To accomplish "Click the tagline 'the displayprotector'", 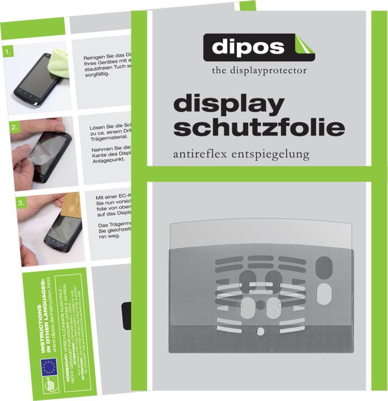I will point(259,71).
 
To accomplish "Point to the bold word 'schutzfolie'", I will point(259,128).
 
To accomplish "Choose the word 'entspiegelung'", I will point(277,154).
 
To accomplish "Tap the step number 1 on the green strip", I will point(8,53).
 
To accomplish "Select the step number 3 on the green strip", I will point(21,204).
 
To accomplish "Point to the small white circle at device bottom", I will point(260,331).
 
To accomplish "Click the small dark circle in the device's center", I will point(260,305).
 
